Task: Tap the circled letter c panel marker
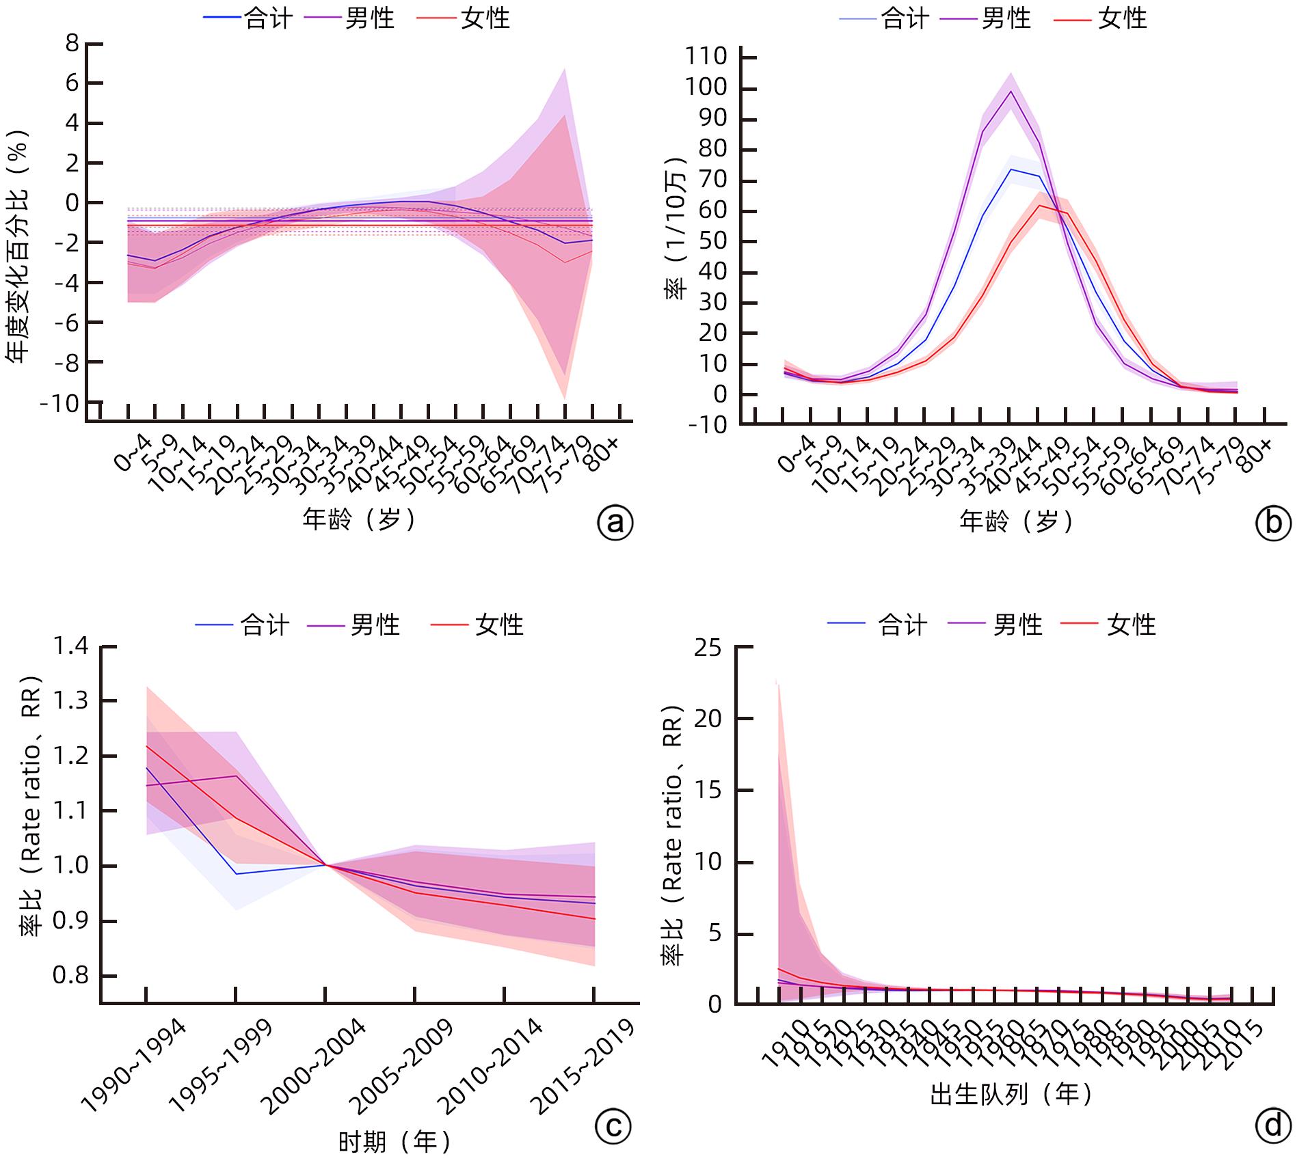[613, 1125]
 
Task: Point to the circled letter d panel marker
[1273, 1125]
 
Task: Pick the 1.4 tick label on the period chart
[71, 646]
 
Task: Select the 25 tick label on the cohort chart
[708, 647]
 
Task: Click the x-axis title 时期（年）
[395, 1141]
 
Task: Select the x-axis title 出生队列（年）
[1011, 1094]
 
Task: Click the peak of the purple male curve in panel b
[1011, 91]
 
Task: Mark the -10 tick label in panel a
[60, 403]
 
